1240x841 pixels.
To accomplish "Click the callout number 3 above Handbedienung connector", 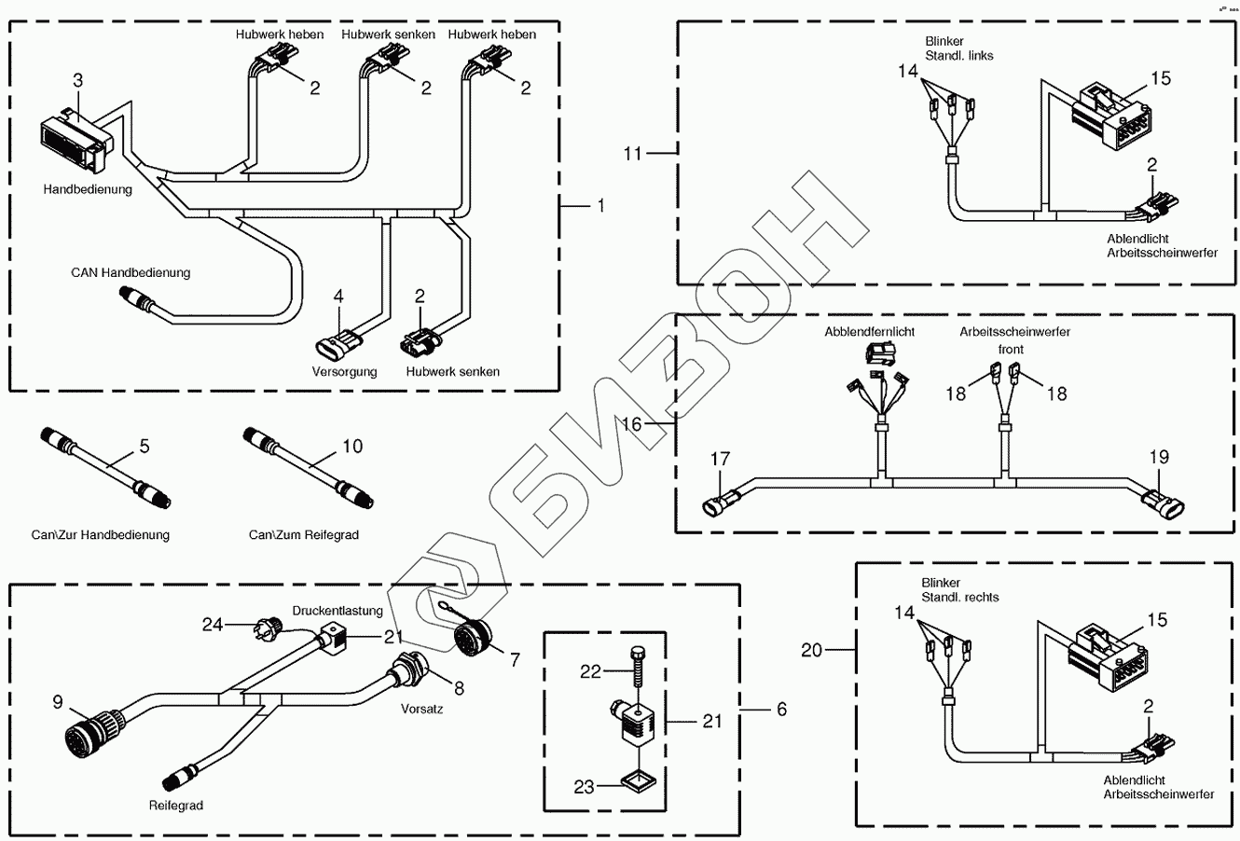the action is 78,81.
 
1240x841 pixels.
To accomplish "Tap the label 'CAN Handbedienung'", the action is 131,272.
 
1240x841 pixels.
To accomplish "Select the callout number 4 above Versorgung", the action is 338,296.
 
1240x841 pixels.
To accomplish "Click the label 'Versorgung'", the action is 344,371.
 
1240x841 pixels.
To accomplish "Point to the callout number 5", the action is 145,447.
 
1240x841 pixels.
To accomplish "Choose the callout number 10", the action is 352,447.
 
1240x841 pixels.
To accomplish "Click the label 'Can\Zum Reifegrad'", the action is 304,535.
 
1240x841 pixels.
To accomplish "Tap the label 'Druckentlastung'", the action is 338,611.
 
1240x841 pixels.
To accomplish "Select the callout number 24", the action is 212,625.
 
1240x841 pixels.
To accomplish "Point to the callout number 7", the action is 515,660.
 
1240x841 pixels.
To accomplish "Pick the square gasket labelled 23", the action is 639,780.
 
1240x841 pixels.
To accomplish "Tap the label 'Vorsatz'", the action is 421,709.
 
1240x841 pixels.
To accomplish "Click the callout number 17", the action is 720,459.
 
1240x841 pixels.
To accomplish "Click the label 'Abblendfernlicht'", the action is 869,332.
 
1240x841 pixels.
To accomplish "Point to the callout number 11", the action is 633,153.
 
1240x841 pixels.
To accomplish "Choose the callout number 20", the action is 811,650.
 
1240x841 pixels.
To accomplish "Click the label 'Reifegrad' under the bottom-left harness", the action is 176,806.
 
